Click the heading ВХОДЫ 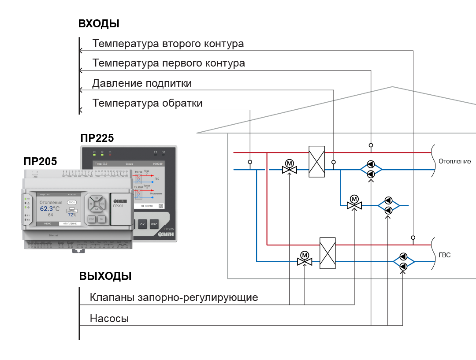(x=99, y=24)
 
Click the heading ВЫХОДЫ (x=105, y=276)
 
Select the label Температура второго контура (x=168, y=44)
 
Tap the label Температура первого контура (x=168, y=63)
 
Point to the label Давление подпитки (x=142, y=83)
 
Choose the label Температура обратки (x=147, y=104)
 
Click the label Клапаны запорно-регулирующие (x=174, y=297)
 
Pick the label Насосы (x=109, y=319)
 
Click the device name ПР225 (x=97, y=138)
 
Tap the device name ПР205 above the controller (x=40, y=162)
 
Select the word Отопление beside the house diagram (x=454, y=161)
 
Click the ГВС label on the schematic (x=444, y=255)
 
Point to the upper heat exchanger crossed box (x=316, y=161)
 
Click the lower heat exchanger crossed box (x=327, y=253)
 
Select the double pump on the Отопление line (x=371, y=169)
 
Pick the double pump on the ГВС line (x=403, y=262)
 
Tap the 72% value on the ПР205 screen (x=72, y=215)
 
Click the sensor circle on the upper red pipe (x=371, y=145)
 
